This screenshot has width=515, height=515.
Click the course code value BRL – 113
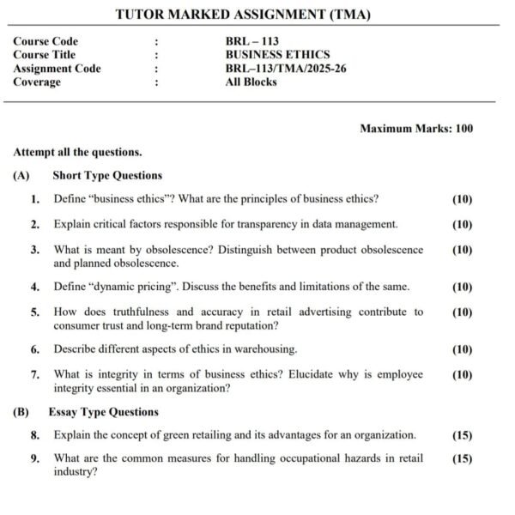click(251, 41)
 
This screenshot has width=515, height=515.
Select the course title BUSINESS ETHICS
click(277, 55)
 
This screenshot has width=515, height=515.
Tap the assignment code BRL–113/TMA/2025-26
click(286, 69)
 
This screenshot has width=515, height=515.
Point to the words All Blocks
click(251, 82)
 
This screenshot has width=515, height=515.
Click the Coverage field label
click(37, 82)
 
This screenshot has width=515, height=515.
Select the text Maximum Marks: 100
click(416, 129)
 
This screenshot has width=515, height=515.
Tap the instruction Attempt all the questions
click(77, 152)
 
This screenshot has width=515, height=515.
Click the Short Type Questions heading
click(107, 175)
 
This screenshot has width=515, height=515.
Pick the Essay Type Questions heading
click(103, 412)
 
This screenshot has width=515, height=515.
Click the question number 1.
click(34, 199)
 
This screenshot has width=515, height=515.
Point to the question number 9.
click(34, 458)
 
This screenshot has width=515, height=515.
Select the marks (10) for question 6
click(462, 349)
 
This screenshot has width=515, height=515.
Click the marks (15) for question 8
click(462, 435)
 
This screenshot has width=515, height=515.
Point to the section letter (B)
click(21, 412)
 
